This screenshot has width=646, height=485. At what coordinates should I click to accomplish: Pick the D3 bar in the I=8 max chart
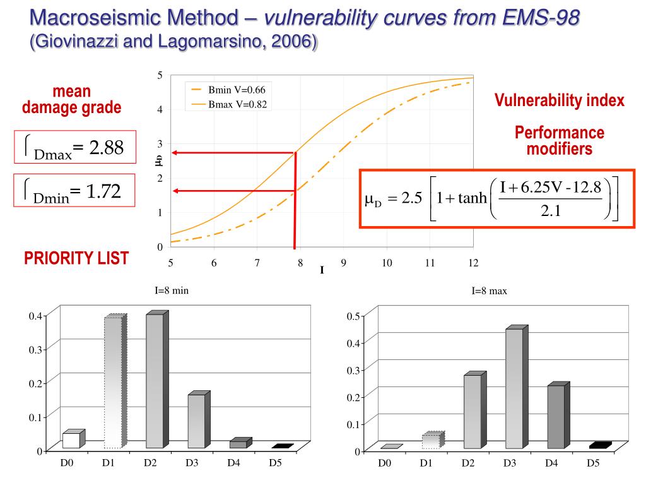[x=514, y=388]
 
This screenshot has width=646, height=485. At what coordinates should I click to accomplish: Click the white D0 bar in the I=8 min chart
[x=71, y=440]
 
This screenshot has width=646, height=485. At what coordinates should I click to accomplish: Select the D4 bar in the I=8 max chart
[x=555, y=417]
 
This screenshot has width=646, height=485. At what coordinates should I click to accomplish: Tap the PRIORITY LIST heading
[x=76, y=258]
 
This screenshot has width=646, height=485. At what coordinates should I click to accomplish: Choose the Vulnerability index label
[x=559, y=100]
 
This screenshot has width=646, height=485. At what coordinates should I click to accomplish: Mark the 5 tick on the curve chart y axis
[x=160, y=76]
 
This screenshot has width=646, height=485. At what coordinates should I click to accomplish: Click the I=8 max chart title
[x=490, y=291]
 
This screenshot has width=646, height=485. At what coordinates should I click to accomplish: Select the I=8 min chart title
[x=172, y=290]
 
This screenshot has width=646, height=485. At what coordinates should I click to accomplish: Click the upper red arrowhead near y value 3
[x=177, y=152]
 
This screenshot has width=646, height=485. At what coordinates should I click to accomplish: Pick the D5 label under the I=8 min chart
[x=276, y=463]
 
